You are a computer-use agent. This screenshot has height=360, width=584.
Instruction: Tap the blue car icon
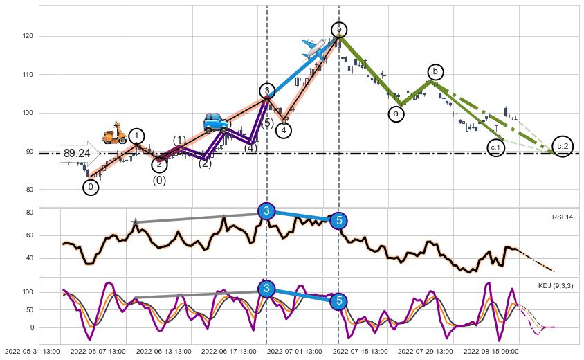click(216, 123)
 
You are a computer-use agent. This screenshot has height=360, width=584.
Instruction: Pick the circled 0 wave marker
click(91, 186)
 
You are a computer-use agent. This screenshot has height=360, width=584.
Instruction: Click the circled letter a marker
click(396, 113)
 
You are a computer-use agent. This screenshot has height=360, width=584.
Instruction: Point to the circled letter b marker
click(435, 71)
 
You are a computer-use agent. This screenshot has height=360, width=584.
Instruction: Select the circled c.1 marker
click(495, 147)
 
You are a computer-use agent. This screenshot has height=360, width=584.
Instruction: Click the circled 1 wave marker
click(137, 136)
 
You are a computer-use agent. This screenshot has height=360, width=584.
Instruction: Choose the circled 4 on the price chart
click(284, 130)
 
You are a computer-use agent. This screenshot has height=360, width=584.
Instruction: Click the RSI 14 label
click(563, 217)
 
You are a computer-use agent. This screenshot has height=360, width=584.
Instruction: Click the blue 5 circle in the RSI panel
click(338, 221)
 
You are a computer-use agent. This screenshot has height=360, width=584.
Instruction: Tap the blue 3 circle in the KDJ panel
click(266, 289)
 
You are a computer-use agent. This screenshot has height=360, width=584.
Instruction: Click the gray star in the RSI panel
click(135, 222)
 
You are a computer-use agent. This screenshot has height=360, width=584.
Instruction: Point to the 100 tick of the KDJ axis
click(28, 292)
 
